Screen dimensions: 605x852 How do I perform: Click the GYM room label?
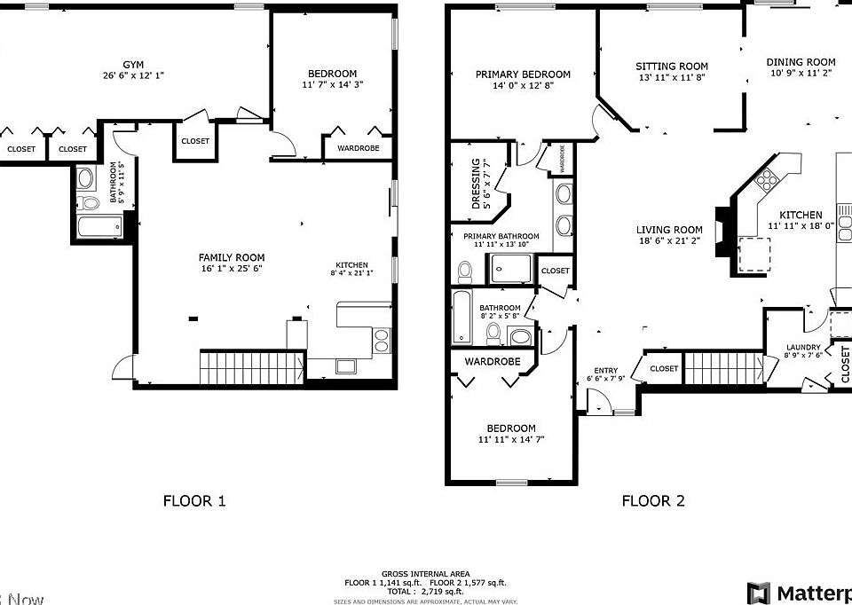click(133, 65)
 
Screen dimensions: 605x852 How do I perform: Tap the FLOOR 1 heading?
click(194, 501)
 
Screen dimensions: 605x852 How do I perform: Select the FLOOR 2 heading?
click(653, 501)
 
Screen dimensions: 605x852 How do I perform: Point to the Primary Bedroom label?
click(523, 75)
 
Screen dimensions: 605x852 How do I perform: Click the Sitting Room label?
click(672, 67)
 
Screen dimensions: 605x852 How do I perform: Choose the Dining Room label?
click(801, 62)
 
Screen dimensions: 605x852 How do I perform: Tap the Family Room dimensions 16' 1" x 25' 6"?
click(232, 268)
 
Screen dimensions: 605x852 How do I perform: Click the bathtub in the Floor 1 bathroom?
click(99, 227)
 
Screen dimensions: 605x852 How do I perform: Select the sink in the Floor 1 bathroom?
click(86, 179)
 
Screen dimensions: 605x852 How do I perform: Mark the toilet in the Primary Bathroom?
click(464, 270)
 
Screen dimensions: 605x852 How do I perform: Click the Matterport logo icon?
click(759, 593)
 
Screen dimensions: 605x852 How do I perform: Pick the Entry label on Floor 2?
click(607, 370)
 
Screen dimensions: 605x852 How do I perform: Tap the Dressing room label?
click(476, 184)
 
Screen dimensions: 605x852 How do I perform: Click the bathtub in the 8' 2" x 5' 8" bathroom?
click(462, 318)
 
